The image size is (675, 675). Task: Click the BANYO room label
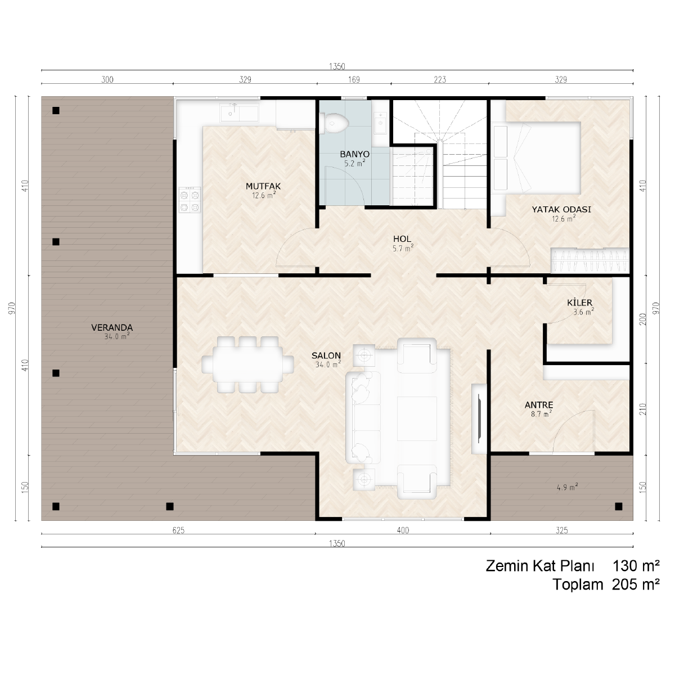pyautogui.click(x=354, y=154)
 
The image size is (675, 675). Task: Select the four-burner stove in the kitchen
pyautogui.click(x=190, y=200)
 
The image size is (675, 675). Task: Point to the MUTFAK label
pyautogui.click(x=263, y=186)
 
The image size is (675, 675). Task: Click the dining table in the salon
pyautogui.click(x=247, y=364)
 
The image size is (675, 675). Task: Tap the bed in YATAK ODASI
pyautogui.click(x=535, y=157)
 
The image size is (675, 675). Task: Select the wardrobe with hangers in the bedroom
pyautogui.click(x=590, y=260)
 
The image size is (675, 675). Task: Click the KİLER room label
pyautogui.click(x=580, y=302)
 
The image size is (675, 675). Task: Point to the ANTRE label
pyautogui.click(x=539, y=405)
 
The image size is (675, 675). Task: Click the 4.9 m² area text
pyautogui.click(x=567, y=487)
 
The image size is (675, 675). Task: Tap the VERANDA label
pyautogui.click(x=112, y=327)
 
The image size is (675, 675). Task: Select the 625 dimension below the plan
pyautogui.click(x=178, y=530)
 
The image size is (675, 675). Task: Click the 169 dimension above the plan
pyautogui.click(x=354, y=80)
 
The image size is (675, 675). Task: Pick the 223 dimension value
pyautogui.click(x=440, y=80)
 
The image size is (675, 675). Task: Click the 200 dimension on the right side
pyautogui.click(x=643, y=319)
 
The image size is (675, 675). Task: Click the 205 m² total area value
pyautogui.click(x=636, y=584)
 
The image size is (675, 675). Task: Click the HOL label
pyautogui.click(x=402, y=239)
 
